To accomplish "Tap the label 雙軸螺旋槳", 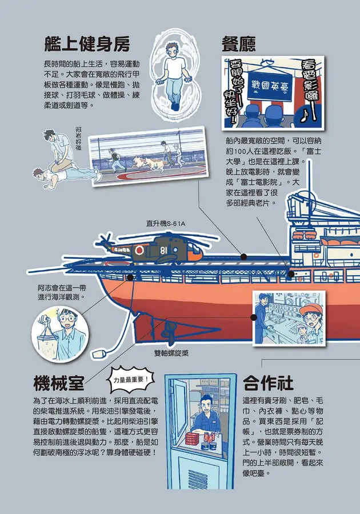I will click(171, 353).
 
